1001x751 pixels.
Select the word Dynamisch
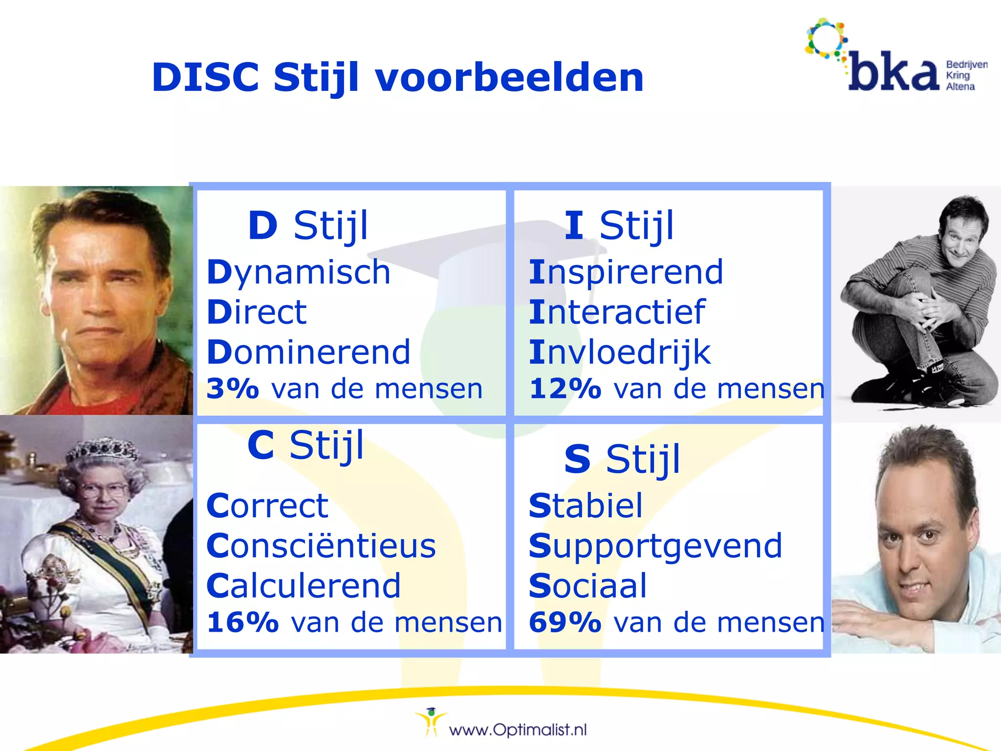tap(298, 272)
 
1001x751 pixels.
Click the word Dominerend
tap(308, 352)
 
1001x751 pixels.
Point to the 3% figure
tap(232, 389)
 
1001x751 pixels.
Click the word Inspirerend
tap(626, 272)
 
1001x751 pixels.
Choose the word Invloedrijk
tap(620, 352)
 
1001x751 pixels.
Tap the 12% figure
tap(565, 389)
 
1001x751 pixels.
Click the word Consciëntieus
tap(321, 546)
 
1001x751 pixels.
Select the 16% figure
tap(242, 622)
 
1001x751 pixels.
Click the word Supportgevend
tap(655, 546)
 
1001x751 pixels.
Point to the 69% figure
tap(565, 622)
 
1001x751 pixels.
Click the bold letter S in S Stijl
tap(577, 460)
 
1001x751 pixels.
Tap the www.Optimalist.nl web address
tap(518, 730)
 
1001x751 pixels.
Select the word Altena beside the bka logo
tap(960, 87)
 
